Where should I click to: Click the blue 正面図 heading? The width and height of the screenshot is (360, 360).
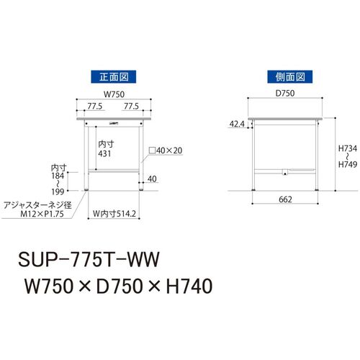point(114,77)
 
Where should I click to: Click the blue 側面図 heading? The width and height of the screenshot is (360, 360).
point(290,77)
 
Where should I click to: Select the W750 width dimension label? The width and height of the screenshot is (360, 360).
point(114,94)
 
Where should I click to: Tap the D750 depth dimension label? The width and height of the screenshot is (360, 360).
point(285,93)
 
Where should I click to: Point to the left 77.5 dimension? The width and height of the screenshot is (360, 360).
point(95,106)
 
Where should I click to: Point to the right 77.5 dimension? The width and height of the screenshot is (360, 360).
point(131,106)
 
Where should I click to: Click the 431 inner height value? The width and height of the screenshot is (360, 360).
point(104,153)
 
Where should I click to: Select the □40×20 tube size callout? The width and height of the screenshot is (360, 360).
point(166,150)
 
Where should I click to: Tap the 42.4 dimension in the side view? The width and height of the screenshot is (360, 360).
point(237,124)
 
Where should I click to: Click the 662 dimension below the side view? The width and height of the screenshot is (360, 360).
point(285,199)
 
